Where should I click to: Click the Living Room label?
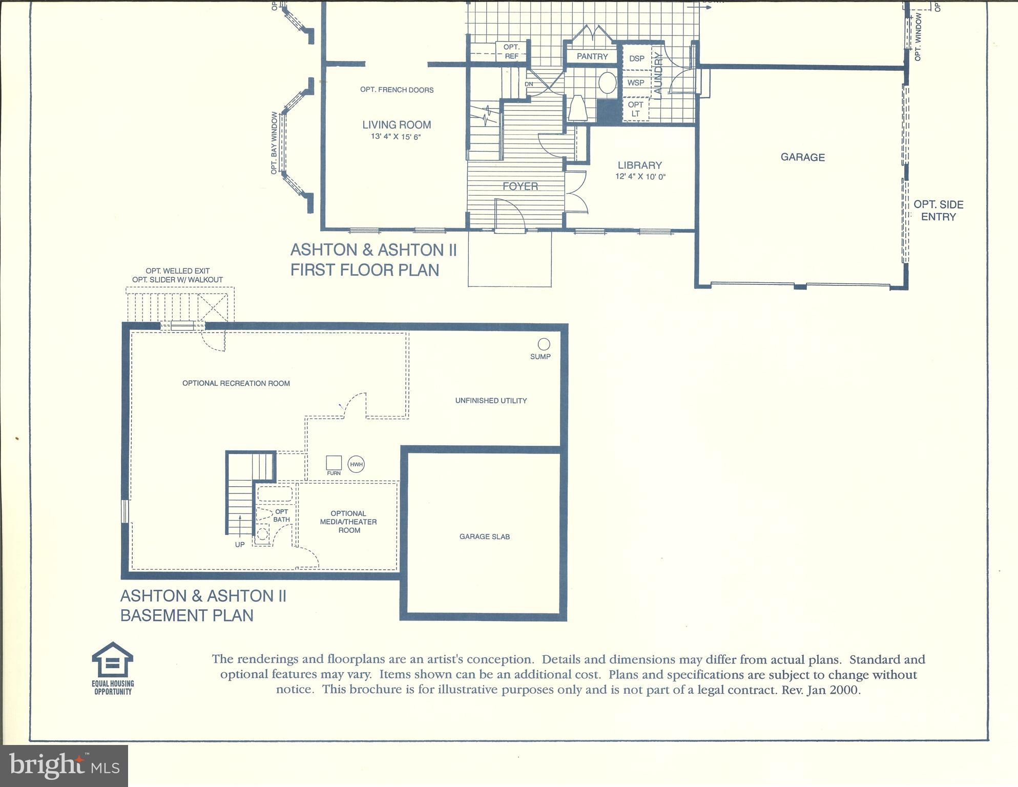click(x=397, y=125)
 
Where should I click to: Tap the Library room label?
click(x=639, y=165)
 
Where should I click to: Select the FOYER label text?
click(x=520, y=187)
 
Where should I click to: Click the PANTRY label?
click(x=592, y=56)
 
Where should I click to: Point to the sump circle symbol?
click(x=544, y=344)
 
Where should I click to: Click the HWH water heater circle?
click(x=356, y=465)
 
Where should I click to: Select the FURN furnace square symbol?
click(x=334, y=463)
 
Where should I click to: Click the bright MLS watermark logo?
click(x=64, y=765)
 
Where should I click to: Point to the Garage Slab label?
click(x=484, y=537)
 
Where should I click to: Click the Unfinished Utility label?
click(x=491, y=401)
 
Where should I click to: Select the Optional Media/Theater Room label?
click(x=348, y=522)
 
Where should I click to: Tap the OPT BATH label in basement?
click(x=281, y=515)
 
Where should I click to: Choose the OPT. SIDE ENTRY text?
click(x=938, y=211)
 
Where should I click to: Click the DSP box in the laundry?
click(x=636, y=58)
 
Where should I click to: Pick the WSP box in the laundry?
click(x=636, y=82)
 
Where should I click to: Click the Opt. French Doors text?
click(x=397, y=90)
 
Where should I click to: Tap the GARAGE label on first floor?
click(x=802, y=157)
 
